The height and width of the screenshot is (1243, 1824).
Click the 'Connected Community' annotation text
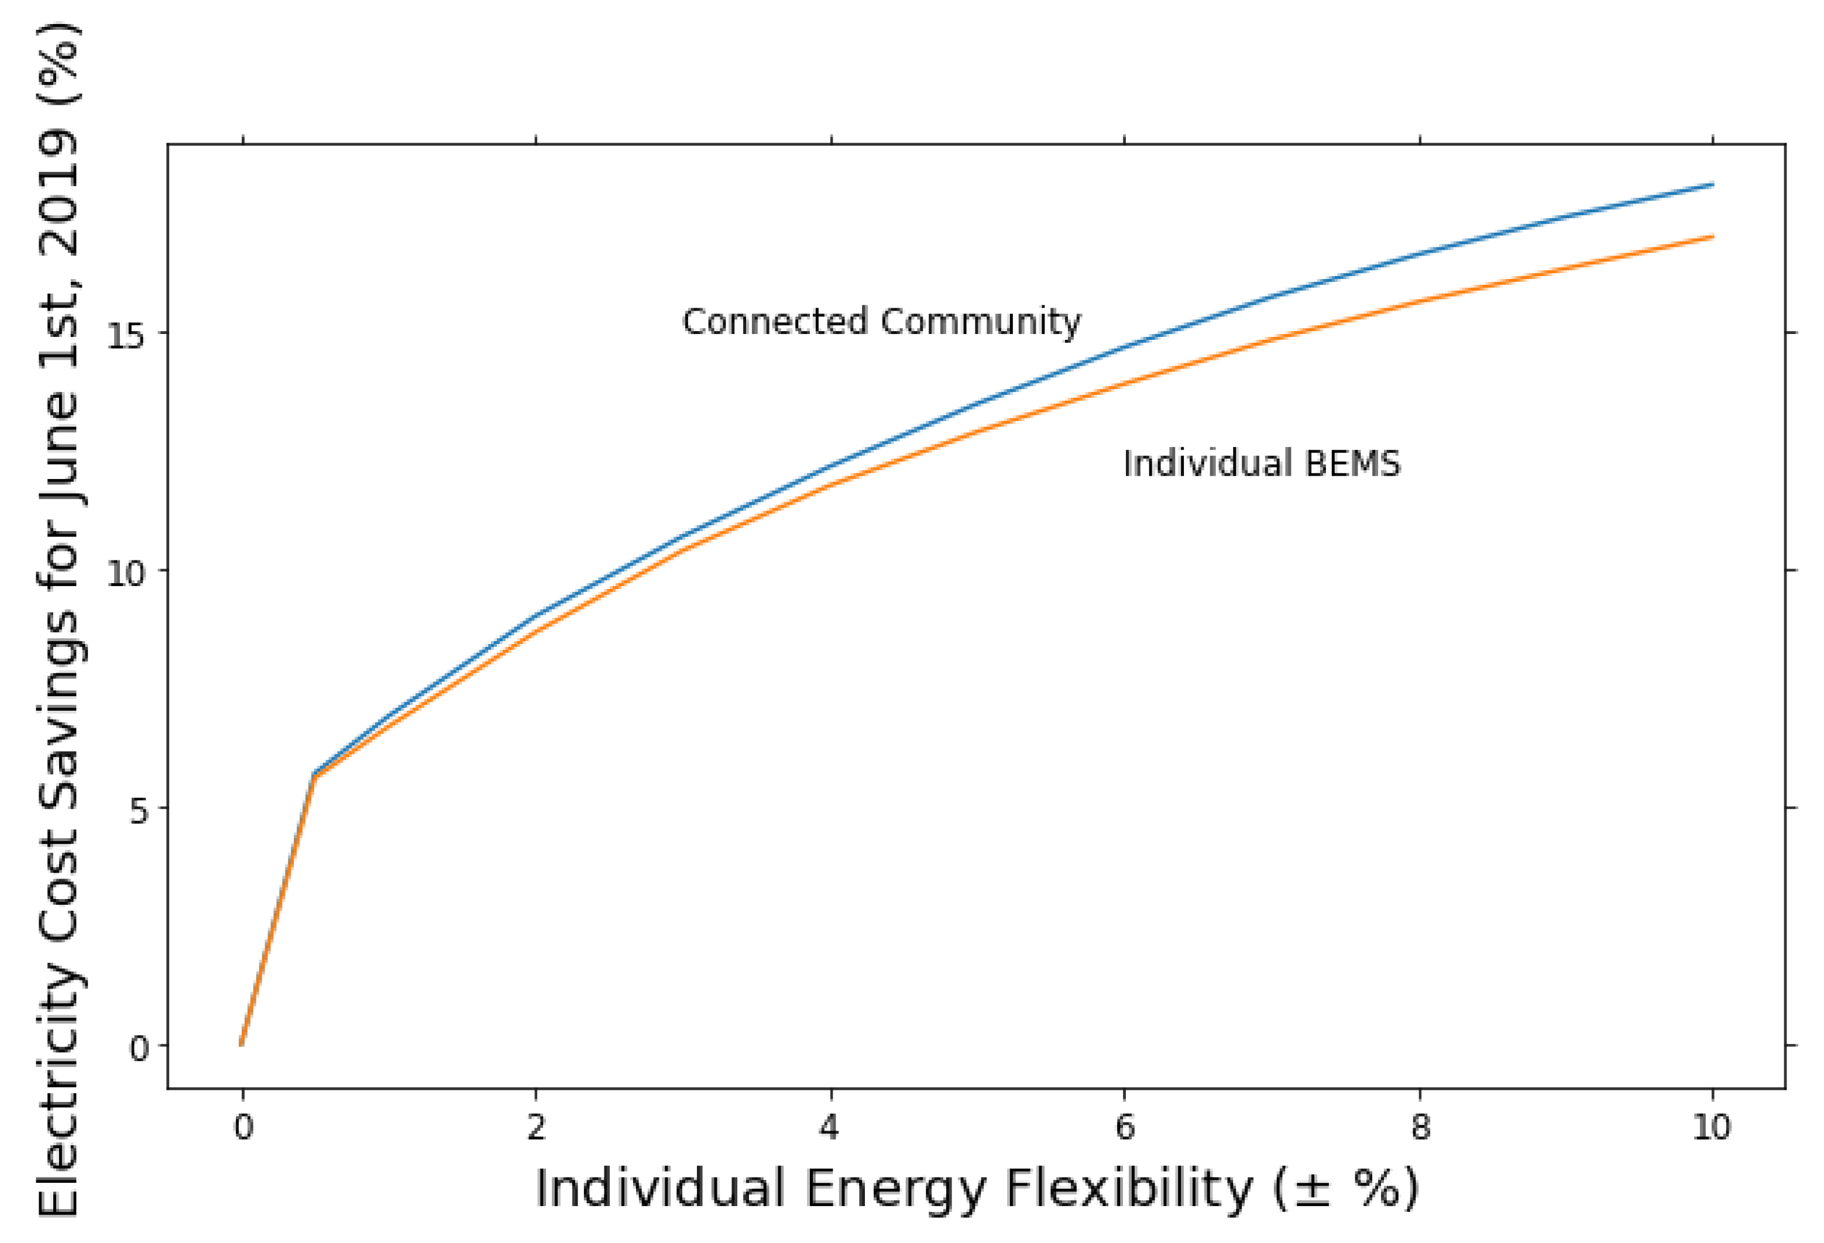click(881, 322)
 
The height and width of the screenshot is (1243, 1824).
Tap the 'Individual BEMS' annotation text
click(1261, 463)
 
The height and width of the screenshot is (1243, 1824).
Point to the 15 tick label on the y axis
click(126, 336)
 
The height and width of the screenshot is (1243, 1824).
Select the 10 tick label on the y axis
click(126, 574)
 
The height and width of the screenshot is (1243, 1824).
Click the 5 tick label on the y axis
click(138, 811)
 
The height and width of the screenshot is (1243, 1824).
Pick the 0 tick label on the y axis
click(138, 1048)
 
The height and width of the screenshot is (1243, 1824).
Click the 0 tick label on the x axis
click(243, 1128)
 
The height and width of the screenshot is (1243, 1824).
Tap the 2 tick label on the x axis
click(536, 1128)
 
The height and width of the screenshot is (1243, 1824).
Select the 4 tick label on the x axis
click(830, 1128)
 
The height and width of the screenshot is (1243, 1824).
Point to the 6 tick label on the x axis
click(1125, 1128)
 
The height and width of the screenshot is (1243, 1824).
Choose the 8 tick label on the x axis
click(1420, 1128)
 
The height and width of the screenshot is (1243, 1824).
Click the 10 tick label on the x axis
click(1712, 1128)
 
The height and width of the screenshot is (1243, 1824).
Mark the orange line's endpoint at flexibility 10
click(1712, 236)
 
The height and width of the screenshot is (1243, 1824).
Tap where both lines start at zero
click(242, 1044)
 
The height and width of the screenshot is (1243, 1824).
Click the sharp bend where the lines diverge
click(314, 775)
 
